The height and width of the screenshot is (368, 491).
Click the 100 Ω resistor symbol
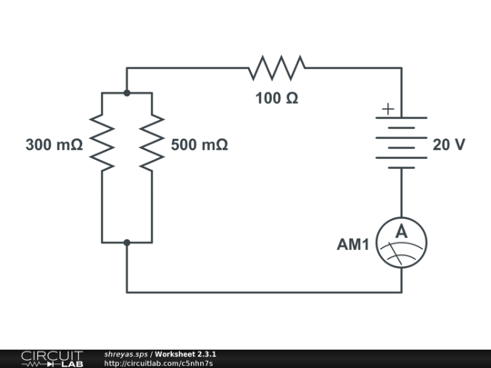pos(277,67)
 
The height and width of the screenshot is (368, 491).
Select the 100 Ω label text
pos(276,97)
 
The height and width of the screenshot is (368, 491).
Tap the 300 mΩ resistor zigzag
pos(102,143)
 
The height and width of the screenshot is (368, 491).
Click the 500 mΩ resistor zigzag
pos(151,143)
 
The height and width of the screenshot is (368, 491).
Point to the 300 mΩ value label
pos(55,144)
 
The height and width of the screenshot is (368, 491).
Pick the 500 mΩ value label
pos(198,144)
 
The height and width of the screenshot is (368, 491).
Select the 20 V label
pos(449,144)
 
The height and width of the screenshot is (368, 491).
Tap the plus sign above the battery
pos(388,109)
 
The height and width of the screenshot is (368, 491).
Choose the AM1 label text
pos(353,244)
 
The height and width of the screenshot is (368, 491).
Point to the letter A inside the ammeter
pos(401,234)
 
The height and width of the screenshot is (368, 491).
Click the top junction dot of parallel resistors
pos(126,93)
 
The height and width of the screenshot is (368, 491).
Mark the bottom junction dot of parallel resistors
pos(126,243)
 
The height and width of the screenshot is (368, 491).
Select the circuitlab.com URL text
pos(158,363)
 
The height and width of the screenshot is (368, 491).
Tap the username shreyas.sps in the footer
pos(125,353)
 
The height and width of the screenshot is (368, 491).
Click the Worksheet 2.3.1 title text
pos(185,353)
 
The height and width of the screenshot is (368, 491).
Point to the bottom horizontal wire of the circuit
pos(264,293)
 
